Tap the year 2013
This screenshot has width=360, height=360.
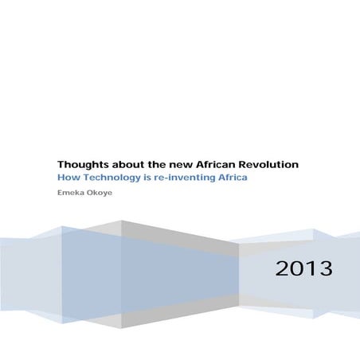click(x=303, y=268)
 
